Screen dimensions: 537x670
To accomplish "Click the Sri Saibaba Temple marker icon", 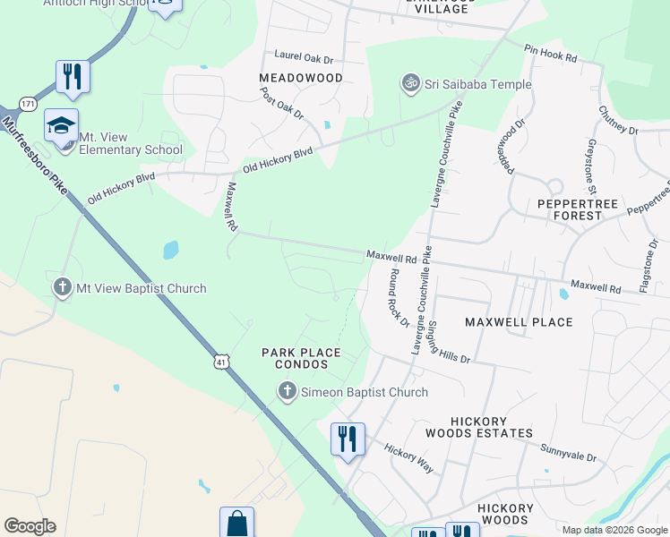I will (x=411, y=84).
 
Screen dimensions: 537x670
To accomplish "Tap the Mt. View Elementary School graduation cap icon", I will (x=61, y=126).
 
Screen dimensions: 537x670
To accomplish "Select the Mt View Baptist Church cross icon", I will (x=63, y=287).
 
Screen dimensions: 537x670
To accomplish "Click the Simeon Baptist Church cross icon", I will (x=287, y=391).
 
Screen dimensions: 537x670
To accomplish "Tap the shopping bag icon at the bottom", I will (x=236, y=523).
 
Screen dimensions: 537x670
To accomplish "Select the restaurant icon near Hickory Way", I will (x=348, y=439).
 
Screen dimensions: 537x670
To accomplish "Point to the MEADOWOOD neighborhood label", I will (x=301, y=78).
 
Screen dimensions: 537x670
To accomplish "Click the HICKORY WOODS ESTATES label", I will (x=491, y=427).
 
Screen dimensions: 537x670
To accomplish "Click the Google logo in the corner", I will (x=30, y=526).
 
